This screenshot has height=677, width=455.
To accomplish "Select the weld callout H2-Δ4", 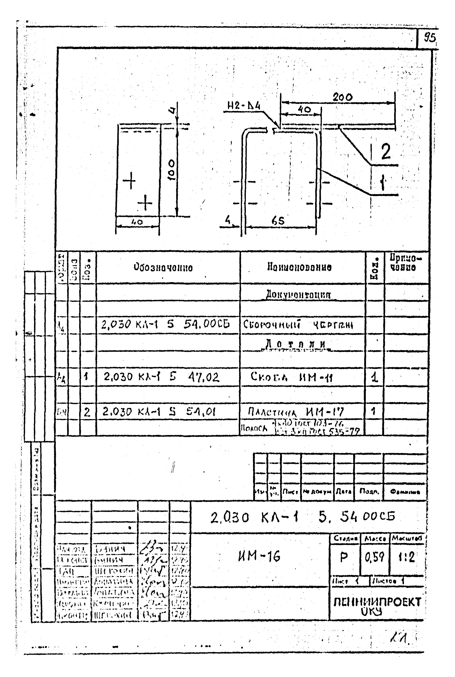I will (244, 107).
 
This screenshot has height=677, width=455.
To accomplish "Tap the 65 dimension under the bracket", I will (278, 221).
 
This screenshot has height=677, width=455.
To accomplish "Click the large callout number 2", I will (386, 152).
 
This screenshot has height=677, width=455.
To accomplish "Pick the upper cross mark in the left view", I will (129, 181).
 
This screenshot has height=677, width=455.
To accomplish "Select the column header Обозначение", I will (163, 267).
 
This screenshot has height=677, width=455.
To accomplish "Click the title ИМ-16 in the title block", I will (259, 556).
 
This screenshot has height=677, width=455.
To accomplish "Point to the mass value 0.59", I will (374, 557).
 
